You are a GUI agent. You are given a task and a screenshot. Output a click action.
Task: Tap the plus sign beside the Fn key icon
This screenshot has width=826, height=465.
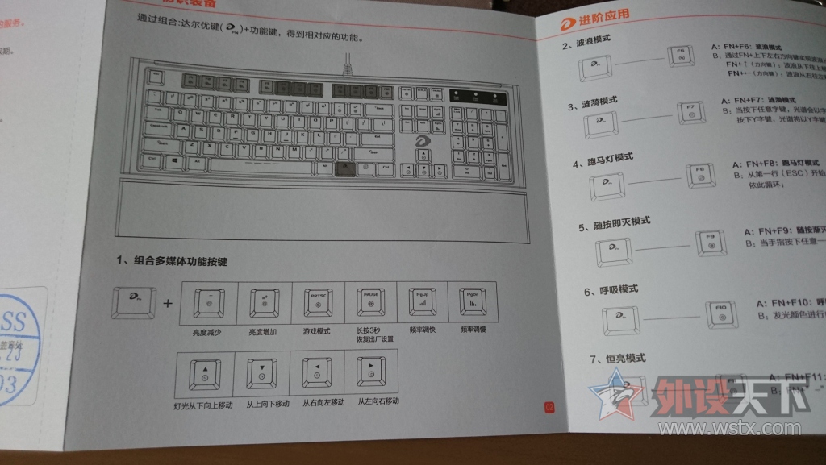[x=167, y=305]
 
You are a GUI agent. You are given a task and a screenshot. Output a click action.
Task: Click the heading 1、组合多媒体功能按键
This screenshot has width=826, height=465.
[x=172, y=262]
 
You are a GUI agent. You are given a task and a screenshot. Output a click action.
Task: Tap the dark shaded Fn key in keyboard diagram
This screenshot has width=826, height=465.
[x=344, y=168]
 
